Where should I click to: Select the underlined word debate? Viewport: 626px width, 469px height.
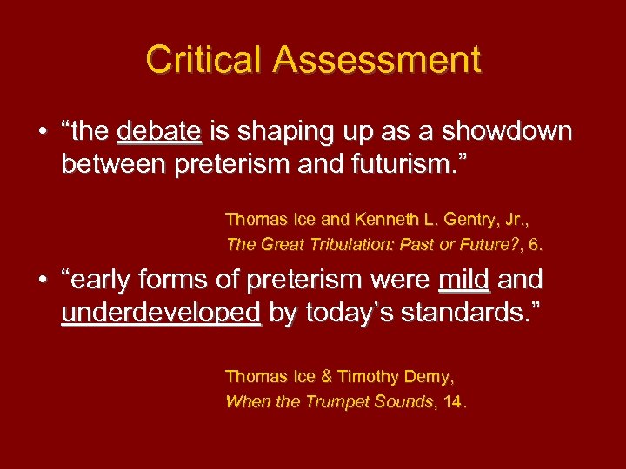pyautogui.click(x=159, y=132)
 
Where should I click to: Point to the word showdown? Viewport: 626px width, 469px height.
pyautogui.click(x=507, y=132)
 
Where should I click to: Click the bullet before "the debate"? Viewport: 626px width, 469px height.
pyautogui.click(x=42, y=133)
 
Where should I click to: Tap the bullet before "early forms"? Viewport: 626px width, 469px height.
pyautogui.click(x=42, y=281)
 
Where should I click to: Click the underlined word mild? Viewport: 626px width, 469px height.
pyautogui.click(x=464, y=280)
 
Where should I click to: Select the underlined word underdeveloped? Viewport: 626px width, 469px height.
pyautogui.click(x=161, y=312)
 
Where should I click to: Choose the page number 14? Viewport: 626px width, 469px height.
pyautogui.click(x=453, y=401)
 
